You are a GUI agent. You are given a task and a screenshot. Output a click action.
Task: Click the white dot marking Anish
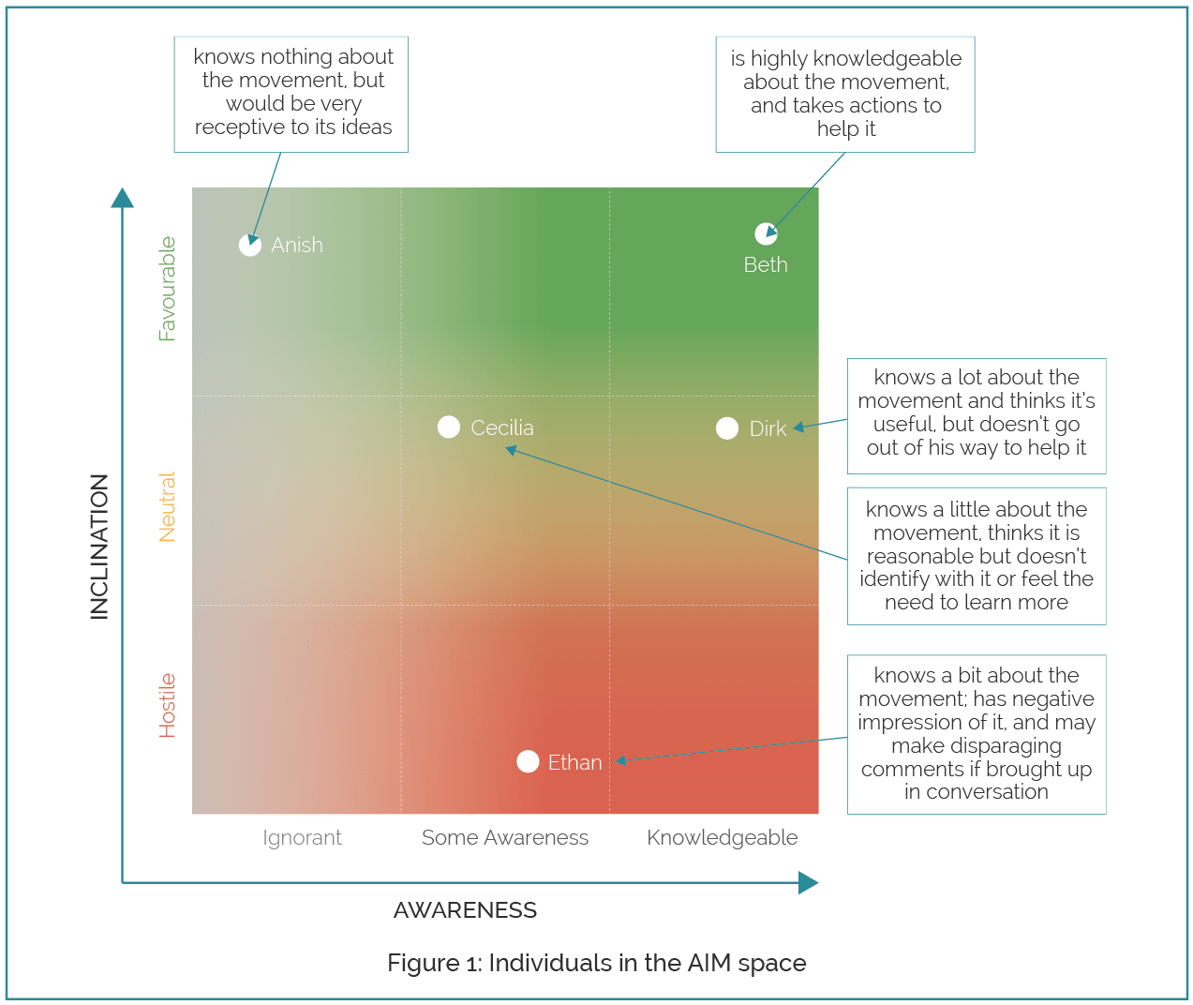pyautogui.click(x=249, y=245)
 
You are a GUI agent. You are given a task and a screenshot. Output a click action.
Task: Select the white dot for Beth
pyautogui.click(x=766, y=233)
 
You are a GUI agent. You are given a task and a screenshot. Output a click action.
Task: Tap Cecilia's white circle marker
pyautogui.click(x=449, y=427)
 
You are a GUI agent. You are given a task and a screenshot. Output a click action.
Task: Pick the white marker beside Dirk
pyautogui.click(x=727, y=428)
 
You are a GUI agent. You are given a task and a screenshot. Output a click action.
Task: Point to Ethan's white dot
pyautogui.click(x=528, y=761)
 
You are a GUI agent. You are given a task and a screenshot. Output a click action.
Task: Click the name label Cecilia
pyautogui.click(x=502, y=428)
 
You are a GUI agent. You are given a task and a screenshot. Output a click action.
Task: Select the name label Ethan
pyautogui.click(x=574, y=763)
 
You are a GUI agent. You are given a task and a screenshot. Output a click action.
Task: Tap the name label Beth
pyautogui.click(x=766, y=265)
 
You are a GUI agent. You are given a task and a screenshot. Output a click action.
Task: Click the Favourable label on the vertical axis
pyautogui.click(x=168, y=289)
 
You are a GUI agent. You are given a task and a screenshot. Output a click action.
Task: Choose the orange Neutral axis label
pyautogui.click(x=168, y=507)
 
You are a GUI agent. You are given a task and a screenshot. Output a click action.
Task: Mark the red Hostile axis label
pyautogui.click(x=168, y=706)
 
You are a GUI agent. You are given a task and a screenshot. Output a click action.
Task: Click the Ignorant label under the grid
pyautogui.click(x=302, y=838)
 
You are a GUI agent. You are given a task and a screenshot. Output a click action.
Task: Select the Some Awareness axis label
pyautogui.click(x=505, y=838)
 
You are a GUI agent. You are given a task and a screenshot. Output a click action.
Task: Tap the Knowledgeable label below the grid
pyautogui.click(x=723, y=838)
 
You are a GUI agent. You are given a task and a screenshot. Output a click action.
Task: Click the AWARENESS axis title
pyautogui.click(x=465, y=910)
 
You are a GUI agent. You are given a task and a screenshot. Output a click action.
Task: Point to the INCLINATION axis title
pyautogui.click(x=99, y=547)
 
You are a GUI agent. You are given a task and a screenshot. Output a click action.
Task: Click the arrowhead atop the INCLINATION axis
pyautogui.click(x=123, y=198)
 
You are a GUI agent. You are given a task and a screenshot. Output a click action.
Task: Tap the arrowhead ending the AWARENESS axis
pyautogui.click(x=808, y=883)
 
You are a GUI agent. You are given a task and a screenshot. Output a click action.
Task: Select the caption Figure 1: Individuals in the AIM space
pyautogui.click(x=597, y=964)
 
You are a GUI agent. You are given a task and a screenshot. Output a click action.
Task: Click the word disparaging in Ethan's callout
pyautogui.click(x=977, y=746)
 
